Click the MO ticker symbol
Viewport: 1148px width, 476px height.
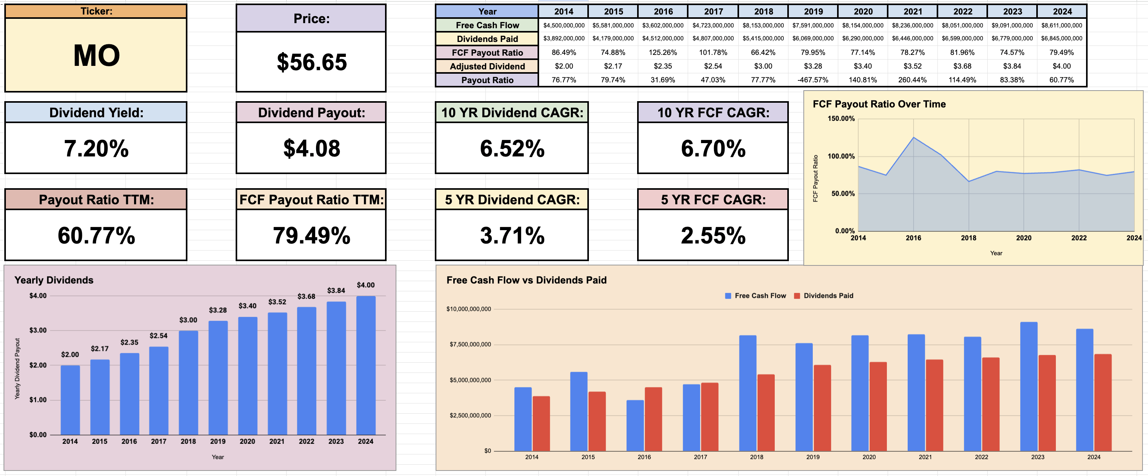click(x=96, y=56)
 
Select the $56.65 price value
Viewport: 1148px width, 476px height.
click(x=312, y=62)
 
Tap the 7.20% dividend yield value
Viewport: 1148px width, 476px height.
click(x=96, y=149)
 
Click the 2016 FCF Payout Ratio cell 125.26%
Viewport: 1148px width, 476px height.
click(x=663, y=53)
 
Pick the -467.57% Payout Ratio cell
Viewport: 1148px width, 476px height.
click(x=813, y=80)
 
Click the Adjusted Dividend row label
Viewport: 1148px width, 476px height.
click(x=487, y=66)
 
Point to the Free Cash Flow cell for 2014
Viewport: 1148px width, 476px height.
click(x=564, y=25)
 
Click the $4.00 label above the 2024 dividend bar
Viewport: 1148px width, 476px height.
click(x=365, y=285)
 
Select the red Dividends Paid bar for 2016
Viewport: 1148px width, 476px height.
click(x=653, y=419)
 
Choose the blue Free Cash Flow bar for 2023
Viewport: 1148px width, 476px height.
click(x=1028, y=386)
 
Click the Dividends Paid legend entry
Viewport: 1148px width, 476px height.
click(x=828, y=296)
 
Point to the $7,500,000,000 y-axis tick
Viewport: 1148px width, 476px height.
click(x=470, y=344)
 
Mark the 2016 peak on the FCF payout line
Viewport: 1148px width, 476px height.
click(x=914, y=138)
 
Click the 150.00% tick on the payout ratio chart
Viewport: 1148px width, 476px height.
click(x=841, y=118)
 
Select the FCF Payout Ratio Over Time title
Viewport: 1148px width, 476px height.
click(x=879, y=104)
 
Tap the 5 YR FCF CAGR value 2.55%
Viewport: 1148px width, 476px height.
click(x=712, y=235)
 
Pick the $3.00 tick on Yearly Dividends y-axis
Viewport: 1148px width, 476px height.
click(x=38, y=330)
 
